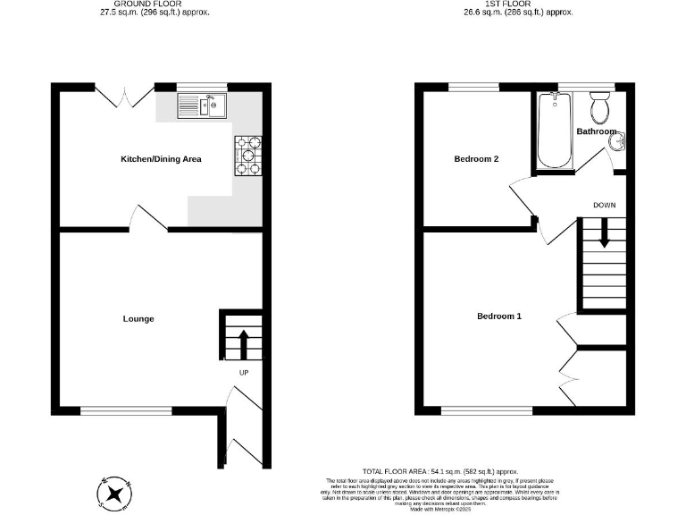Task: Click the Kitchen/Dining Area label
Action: click(x=161, y=160)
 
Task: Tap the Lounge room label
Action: click(x=138, y=319)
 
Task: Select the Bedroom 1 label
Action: click(x=498, y=317)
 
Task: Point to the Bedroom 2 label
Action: click(x=476, y=160)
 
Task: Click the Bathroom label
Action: click(x=596, y=131)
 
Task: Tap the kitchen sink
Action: click(x=203, y=106)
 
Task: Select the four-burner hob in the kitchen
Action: click(x=248, y=156)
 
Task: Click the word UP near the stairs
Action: click(x=243, y=373)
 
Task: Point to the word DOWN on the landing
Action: click(x=605, y=205)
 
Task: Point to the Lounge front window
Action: click(x=125, y=410)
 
